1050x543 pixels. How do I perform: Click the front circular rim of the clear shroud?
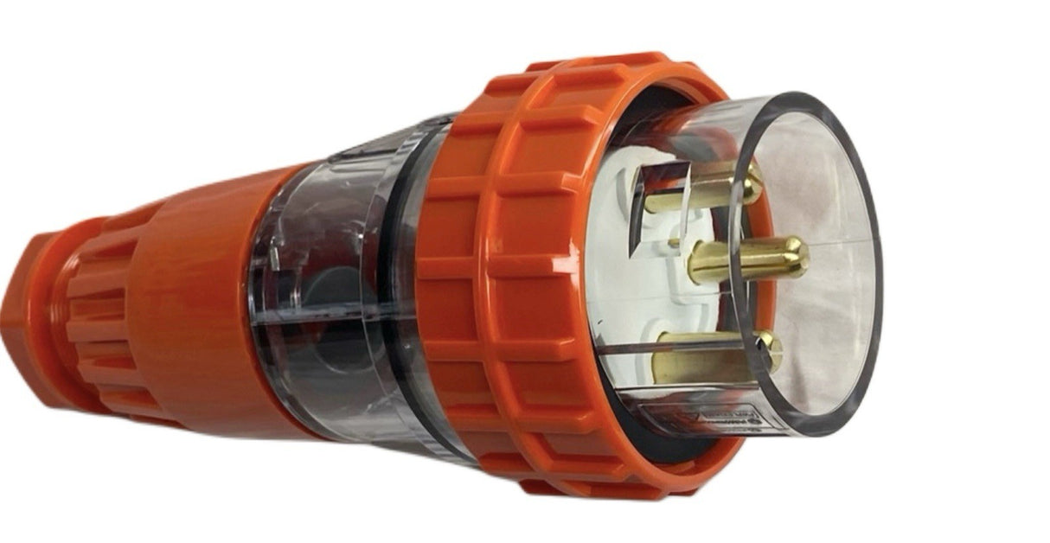point(874,259)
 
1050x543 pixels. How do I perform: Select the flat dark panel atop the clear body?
point(381,138)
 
